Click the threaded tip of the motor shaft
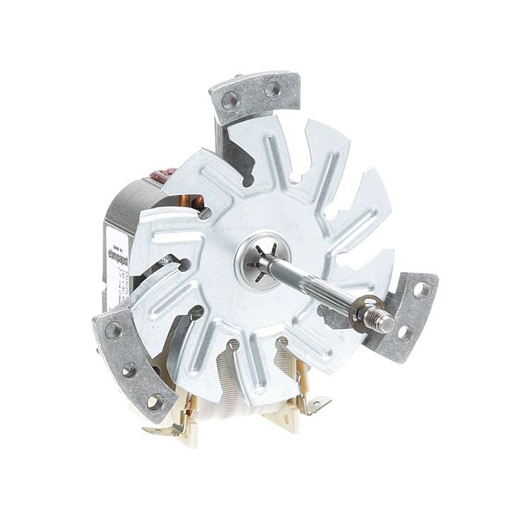tap(385, 322)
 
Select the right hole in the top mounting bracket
tap(272, 88)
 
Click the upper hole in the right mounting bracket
tap(421, 289)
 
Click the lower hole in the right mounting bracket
tap(403, 332)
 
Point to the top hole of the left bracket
tap(113, 329)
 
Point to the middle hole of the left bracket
tap(129, 370)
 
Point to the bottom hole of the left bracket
tap(154, 401)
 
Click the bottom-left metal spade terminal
tap(164, 429)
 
